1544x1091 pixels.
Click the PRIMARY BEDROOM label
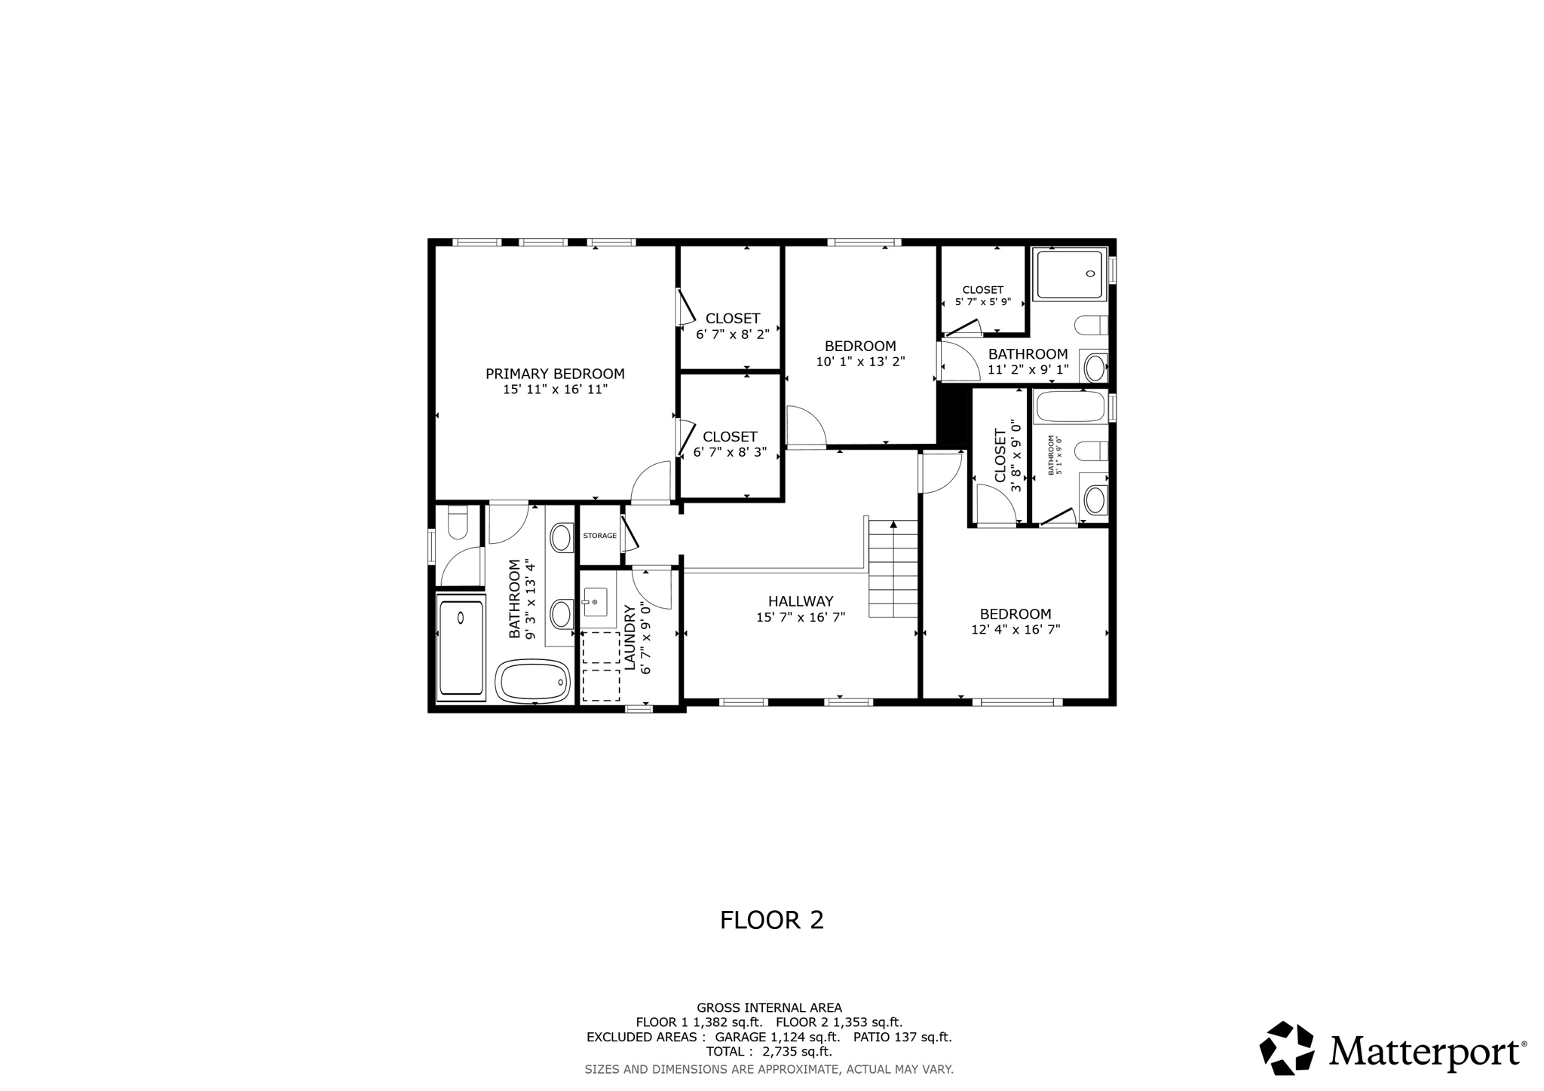pyautogui.click(x=555, y=374)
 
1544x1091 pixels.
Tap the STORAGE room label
pyautogui.click(x=599, y=536)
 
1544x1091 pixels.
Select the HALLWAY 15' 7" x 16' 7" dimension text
pyautogui.click(x=801, y=617)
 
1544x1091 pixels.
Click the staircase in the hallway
pyautogui.click(x=893, y=569)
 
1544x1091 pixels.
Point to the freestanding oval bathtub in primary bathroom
pyautogui.click(x=533, y=681)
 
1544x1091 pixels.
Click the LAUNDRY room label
pyautogui.click(x=630, y=637)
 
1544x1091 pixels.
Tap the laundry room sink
pyautogui.click(x=595, y=602)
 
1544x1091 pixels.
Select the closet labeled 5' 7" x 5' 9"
pyautogui.click(x=982, y=295)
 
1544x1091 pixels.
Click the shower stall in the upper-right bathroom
pyautogui.click(x=1069, y=274)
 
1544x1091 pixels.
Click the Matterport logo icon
pyautogui.click(x=1287, y=1048)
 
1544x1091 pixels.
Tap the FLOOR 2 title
pyautogui.click(x=771, y=920)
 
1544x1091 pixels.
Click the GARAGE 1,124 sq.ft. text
pyautogui.click(x=777, y=1037)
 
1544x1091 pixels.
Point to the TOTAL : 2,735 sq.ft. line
pyautogui.click(x=769, y=1051)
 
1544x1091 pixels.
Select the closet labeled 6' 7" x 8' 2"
pyautogui.click(x=732, y=325)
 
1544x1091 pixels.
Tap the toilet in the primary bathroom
pyautogui.click(x=458, y=522)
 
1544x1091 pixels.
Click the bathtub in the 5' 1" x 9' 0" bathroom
pyautogui.click(x=1069, y=408)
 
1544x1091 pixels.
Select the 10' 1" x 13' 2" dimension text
pyautogui.click(x=860, y=362)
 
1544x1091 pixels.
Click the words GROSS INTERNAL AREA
pyautogui.click(x=769, y=1007)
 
